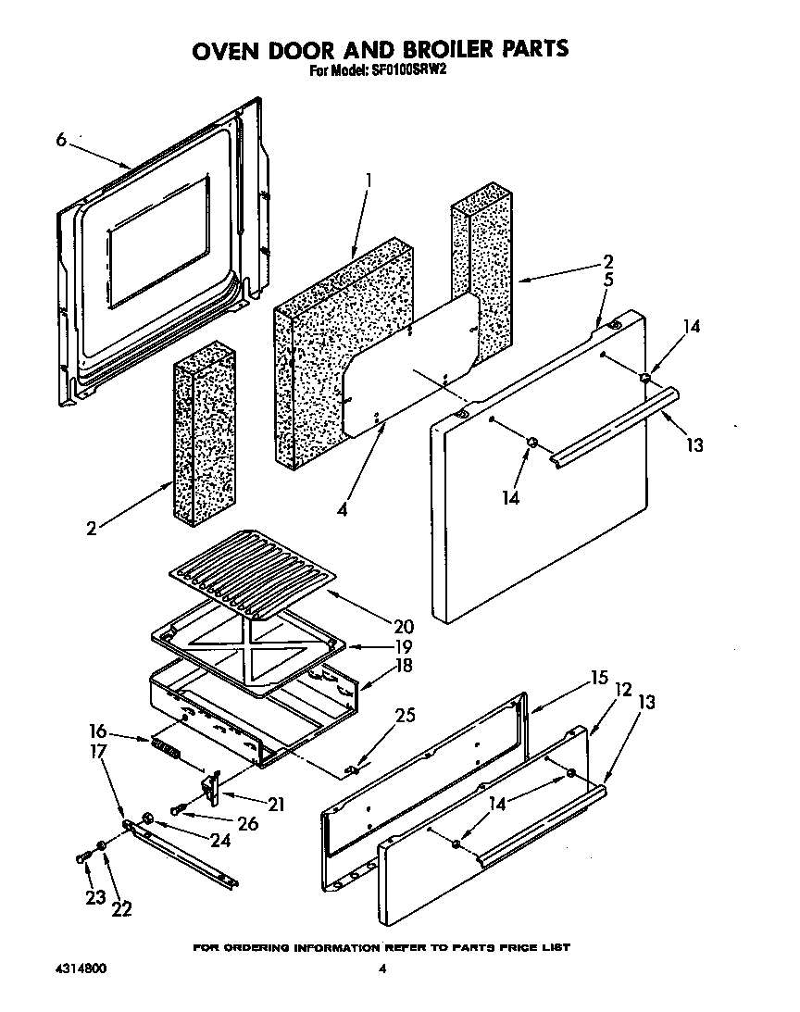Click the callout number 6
[61, 140]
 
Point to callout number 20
[403, 627]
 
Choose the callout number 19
[403, 646]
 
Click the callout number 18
[403, 666]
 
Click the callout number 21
[274, 804]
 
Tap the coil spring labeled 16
[168, 746]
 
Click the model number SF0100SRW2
[407, 69]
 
